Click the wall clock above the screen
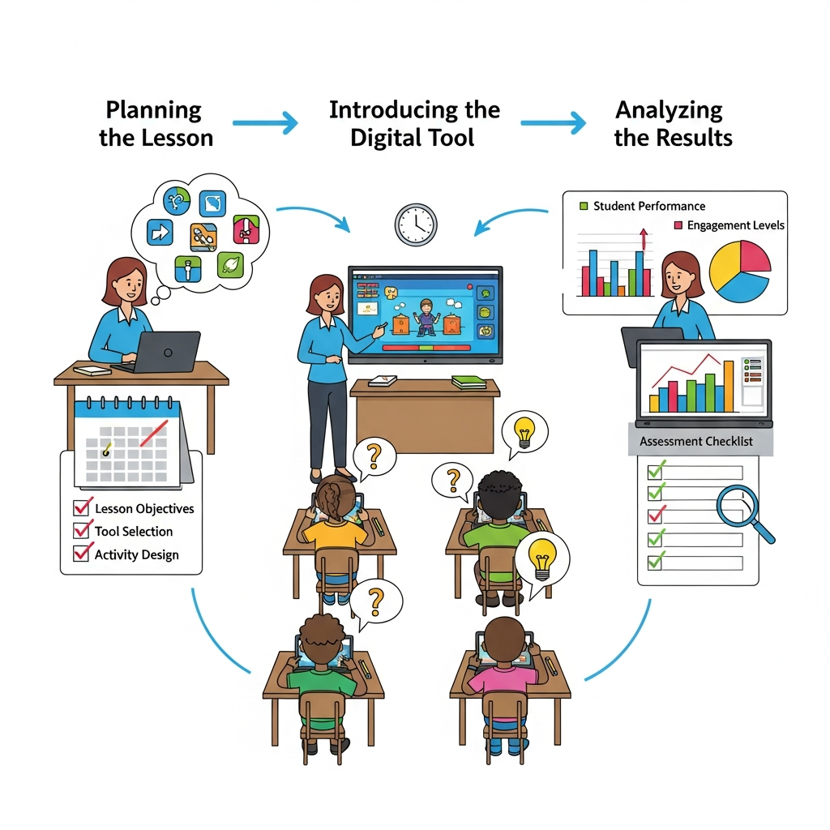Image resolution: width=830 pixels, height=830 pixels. pyautogui.click(x=416, y=225)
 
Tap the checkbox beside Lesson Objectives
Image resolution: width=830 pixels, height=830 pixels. pyautogui.click(x=81, y=507)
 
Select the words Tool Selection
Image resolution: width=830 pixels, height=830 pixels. pyautogui.click(x=134, y=531)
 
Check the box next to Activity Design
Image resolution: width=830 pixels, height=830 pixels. pyautogui.click(x=81, y=553)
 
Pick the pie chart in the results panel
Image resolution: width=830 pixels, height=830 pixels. pyautogui.click(x=739, y=272)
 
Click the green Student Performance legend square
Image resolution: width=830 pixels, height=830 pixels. pyautogui.click(x=584, y=206)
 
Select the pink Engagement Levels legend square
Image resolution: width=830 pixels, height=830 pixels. pyautogui.click(x=678, y=225)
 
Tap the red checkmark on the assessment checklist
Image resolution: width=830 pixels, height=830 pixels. pyautogui.click(x=657, y=514)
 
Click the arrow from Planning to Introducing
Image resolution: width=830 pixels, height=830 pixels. pyautogui.click(x=265, y=123)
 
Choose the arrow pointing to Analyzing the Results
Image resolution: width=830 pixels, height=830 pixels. pyautogui.click(x=554, y=123)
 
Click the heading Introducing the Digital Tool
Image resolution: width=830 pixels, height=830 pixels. pyautogui.click(x=414, y=123)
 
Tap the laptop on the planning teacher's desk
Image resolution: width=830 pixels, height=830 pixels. pyautogui.click(x=163, y=352)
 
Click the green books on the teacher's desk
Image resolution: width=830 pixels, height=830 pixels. pyautogui.click(x=468, y=382)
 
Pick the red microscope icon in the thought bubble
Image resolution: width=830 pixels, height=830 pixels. pyautogui.click(x=246, y=229)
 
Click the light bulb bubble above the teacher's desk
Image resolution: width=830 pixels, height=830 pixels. pyautogui.click(x=524, y=434)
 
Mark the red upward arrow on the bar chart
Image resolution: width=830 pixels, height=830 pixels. pyautogui.click(x=644, y=239)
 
